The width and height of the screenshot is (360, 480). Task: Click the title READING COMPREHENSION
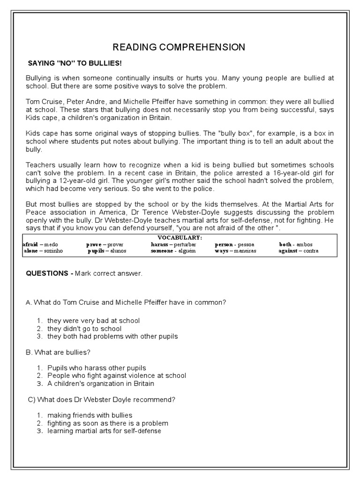click(179, 47)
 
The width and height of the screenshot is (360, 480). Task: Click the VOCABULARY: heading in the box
click(180, 238)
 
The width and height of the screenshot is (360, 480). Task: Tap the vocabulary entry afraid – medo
click(43, 245)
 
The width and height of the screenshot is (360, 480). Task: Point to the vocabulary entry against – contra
click(298, 251)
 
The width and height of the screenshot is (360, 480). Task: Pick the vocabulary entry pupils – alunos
click(107, 251)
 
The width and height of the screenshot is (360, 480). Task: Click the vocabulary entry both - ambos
click(296, 245)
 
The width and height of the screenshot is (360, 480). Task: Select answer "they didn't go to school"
click(84, 329)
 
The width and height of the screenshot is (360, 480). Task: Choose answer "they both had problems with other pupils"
click(112, 337)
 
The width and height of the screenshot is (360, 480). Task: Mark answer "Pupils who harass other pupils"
click(97, 368)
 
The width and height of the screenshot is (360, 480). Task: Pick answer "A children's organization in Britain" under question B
click(100, 383)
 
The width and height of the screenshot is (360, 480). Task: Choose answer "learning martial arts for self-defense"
click(104, 431)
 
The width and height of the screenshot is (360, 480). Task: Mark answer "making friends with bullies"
click(90, 415)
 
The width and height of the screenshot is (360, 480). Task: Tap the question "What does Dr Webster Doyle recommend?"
click(101, 399)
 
